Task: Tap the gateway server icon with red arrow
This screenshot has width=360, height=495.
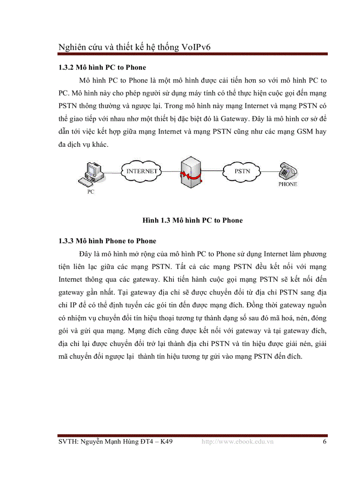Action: pos(192,174)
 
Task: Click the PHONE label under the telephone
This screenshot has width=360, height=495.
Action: pos(288,184)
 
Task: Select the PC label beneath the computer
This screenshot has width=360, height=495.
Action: pos(90,192)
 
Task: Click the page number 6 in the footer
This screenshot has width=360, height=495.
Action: pos(324,441)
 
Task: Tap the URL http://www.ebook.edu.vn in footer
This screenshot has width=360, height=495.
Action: pos(237,441)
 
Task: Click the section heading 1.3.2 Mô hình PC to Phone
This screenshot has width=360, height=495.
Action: pos(102,68)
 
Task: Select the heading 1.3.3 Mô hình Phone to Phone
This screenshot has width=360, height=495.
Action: pos(107,241)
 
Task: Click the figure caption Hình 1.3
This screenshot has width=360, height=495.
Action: pos(192,220)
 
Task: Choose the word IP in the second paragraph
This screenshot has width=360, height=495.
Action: pos(67,305)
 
